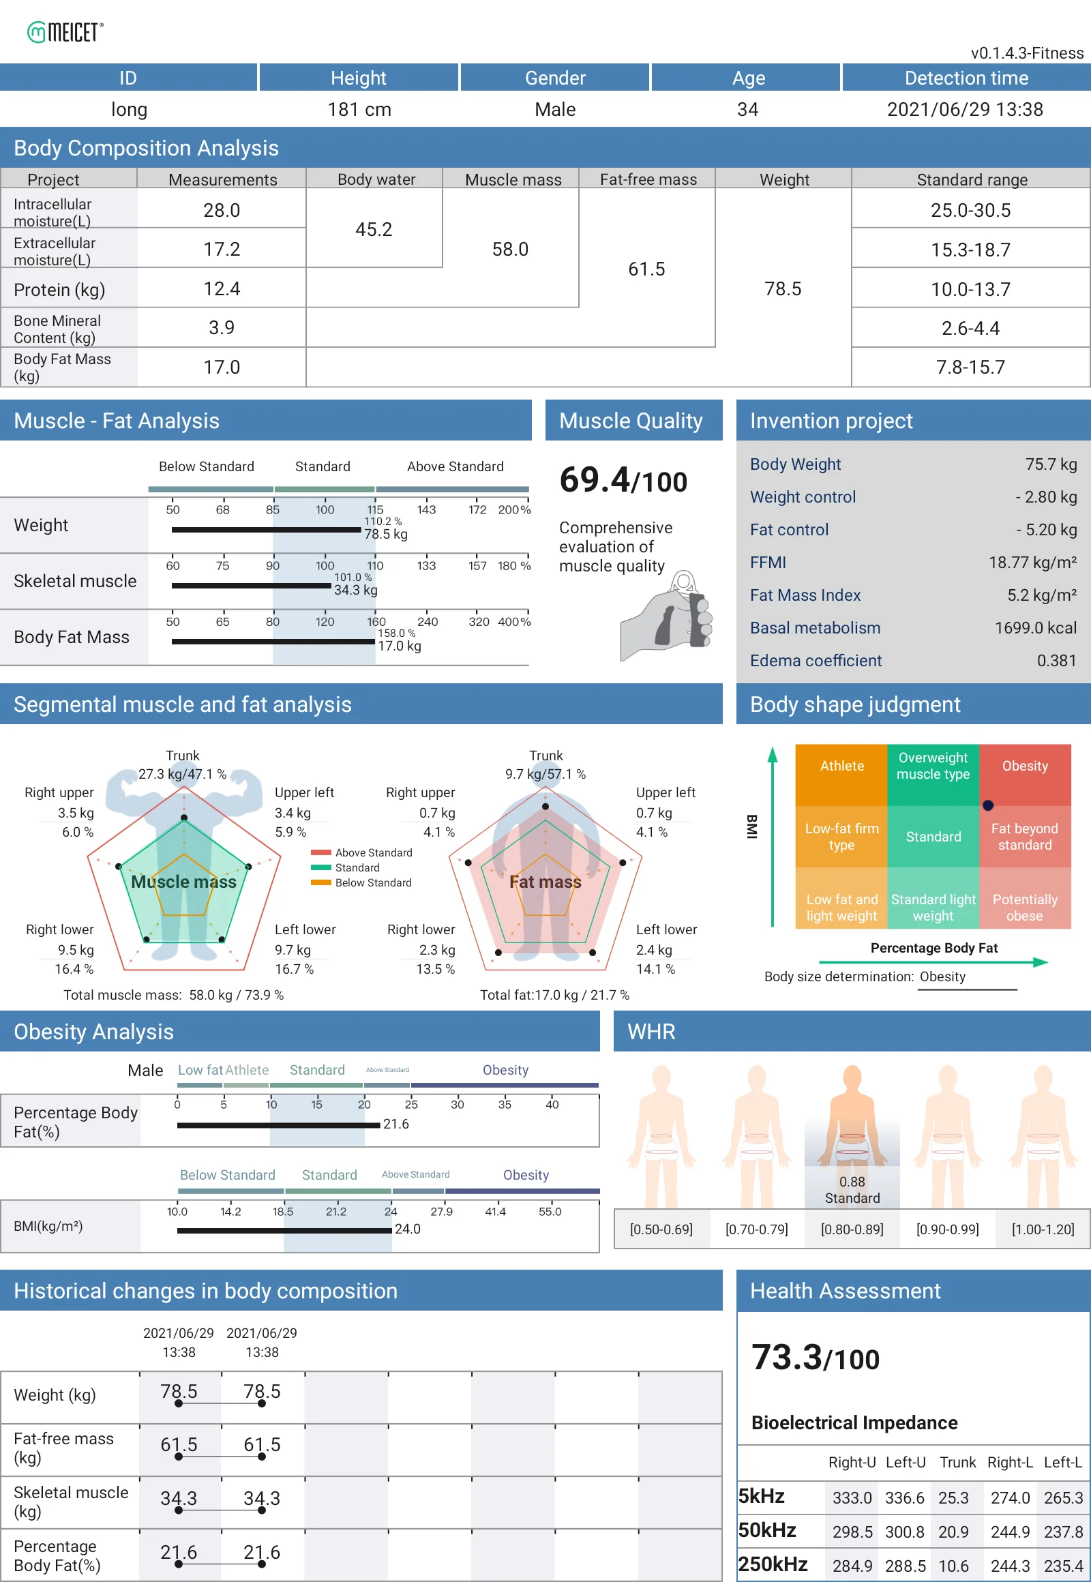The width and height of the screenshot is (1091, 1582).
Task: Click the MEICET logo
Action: (x=65, y=31)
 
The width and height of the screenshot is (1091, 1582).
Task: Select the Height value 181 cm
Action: (x=359, y=109)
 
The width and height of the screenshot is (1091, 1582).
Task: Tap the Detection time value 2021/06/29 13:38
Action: (x=965, y=109)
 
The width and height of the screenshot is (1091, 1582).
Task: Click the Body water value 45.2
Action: (x=374, y=229)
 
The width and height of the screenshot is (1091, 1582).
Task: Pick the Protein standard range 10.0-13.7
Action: (x=970, y=289)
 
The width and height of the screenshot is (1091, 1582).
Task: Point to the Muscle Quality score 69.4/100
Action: (x=623, y=480)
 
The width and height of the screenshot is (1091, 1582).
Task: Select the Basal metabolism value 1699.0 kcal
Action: (x=1035, y=627)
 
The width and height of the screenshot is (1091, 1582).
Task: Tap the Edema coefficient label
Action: (x=815, y=661)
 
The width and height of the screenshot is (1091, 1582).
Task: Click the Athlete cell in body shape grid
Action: (x=841, y=766)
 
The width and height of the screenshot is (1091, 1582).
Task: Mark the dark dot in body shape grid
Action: (x=988, y=805)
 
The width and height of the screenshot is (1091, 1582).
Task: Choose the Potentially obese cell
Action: (x=1024, y=907)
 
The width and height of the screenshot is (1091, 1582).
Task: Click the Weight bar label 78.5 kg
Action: (x=385, y=534)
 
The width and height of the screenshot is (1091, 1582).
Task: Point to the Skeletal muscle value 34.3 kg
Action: (x=355, y=589)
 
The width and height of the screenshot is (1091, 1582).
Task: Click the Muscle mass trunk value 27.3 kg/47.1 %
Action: (x=183, y=774)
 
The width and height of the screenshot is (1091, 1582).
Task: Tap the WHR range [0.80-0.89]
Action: (x=852, y=1229)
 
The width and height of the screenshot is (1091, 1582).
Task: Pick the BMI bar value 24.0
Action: (x=407, y=1229)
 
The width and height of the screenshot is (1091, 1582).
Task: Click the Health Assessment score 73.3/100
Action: (x=815, y=1358)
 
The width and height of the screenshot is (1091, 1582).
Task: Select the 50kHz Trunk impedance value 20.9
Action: (x=953, y=1532)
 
